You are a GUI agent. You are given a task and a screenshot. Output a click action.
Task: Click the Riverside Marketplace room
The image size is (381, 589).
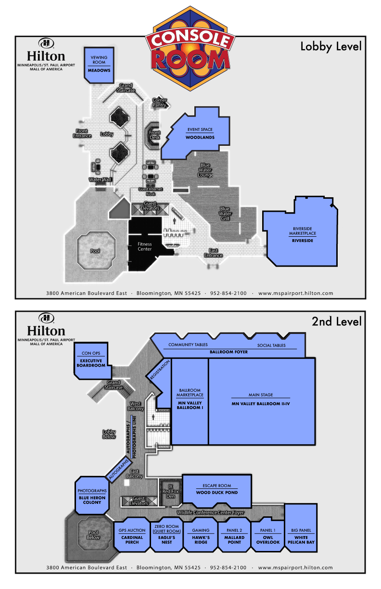(302, 234)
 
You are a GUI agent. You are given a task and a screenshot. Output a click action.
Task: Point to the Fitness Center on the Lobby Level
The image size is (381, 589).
(144, 246)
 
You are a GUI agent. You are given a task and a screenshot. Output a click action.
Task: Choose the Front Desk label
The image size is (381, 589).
(154, 135)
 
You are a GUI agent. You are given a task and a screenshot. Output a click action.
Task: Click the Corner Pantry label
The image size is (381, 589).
(160, 102)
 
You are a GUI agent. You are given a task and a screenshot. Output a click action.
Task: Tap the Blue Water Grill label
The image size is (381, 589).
(225, 214)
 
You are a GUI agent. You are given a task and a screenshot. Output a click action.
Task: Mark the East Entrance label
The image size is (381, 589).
(213, 253)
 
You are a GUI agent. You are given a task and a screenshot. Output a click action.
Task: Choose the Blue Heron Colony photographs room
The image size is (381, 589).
(92, 497)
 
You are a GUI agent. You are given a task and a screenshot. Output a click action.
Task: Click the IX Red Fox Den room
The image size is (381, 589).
(170, 492)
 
